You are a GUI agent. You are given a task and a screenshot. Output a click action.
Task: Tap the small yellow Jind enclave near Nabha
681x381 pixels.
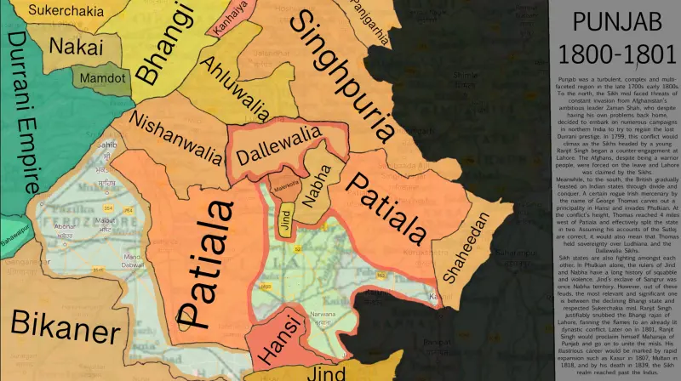pyautogui.click(x=284, y=208)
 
